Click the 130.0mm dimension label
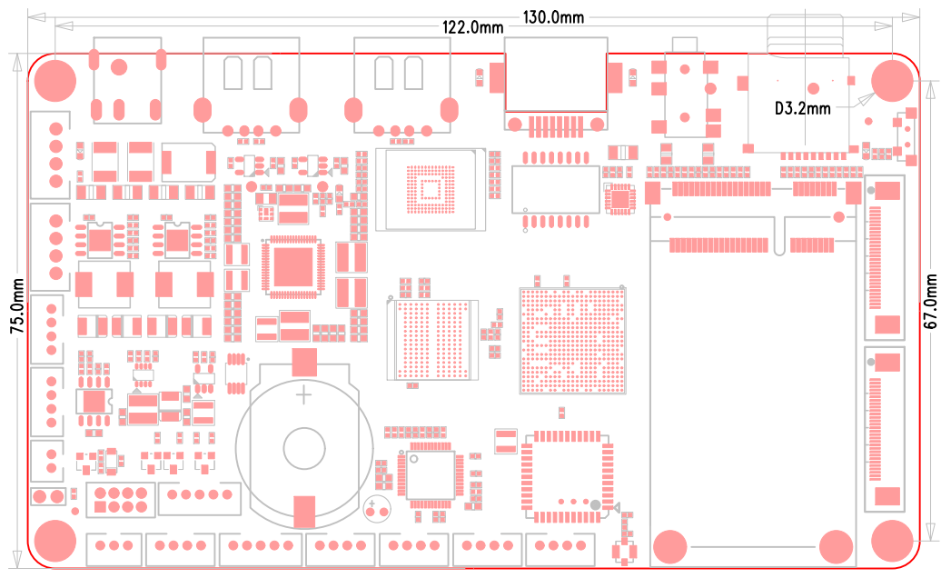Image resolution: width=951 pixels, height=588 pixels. point(553,16)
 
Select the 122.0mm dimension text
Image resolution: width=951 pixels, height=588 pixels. point(472,27)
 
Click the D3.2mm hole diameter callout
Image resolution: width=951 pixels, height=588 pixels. point(802,108)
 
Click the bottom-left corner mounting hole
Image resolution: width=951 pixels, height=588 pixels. point(54,541)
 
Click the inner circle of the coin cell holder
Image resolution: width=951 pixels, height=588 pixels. point(304,447)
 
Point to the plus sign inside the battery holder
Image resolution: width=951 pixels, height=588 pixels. point(303,395)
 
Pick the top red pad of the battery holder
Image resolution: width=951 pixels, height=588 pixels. point(304,362)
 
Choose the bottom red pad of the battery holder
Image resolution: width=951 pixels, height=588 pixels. point(304,511)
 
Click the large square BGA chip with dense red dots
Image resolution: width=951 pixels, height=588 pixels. point(573,340)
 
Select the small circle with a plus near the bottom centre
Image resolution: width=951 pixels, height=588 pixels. point(375,509)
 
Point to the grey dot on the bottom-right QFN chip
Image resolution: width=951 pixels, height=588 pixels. point(595,504)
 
